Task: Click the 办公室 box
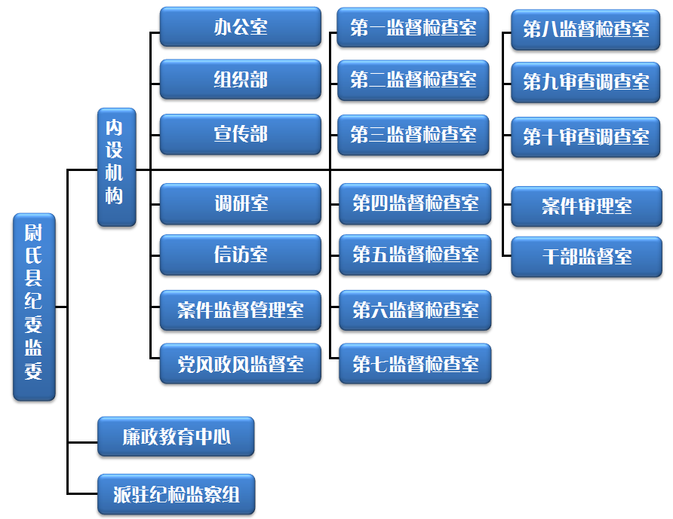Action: coord(241,28)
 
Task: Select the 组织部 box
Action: coord(241,80)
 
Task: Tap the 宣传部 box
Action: coord(241,135)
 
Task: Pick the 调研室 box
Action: coord(241,203)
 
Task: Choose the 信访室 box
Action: coord(241,255)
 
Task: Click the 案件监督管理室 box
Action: coord(241,310)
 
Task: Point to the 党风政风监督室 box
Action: coord(241,364)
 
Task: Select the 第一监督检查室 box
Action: coord(413,28)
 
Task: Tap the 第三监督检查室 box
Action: coord(413,135)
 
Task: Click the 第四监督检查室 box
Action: coord(415,203)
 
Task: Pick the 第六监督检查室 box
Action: coord(415,310)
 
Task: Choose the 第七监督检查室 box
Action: coord(415,364)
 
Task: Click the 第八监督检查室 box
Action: coord(586,29)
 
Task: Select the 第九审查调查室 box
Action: coord(586,81)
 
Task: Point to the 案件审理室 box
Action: coord(586,206)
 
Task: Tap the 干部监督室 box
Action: coord(586,257)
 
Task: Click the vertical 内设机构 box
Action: coord(116,166)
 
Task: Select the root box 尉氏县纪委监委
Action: coord(34,307)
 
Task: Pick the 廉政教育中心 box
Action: coord(176,436)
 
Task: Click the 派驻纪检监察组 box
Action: coord(176,494)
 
